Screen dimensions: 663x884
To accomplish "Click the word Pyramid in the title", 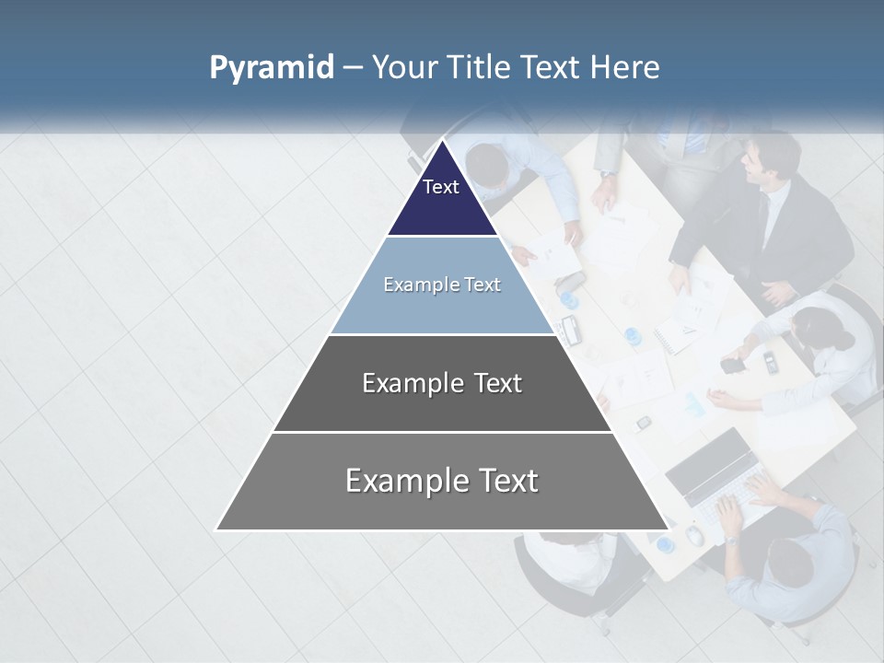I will [272, 68].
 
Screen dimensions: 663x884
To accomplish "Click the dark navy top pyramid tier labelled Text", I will [441, 198].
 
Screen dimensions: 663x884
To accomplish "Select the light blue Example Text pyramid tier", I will [442, 285].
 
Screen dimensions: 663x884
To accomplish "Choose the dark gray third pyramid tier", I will [442, 384].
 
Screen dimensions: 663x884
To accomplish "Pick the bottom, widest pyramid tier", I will [442, 482].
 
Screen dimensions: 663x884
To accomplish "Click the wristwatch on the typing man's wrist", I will [730, 540].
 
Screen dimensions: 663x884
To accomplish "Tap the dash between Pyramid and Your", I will [353, 68].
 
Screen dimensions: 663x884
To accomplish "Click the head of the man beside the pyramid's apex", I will [487, 166].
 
